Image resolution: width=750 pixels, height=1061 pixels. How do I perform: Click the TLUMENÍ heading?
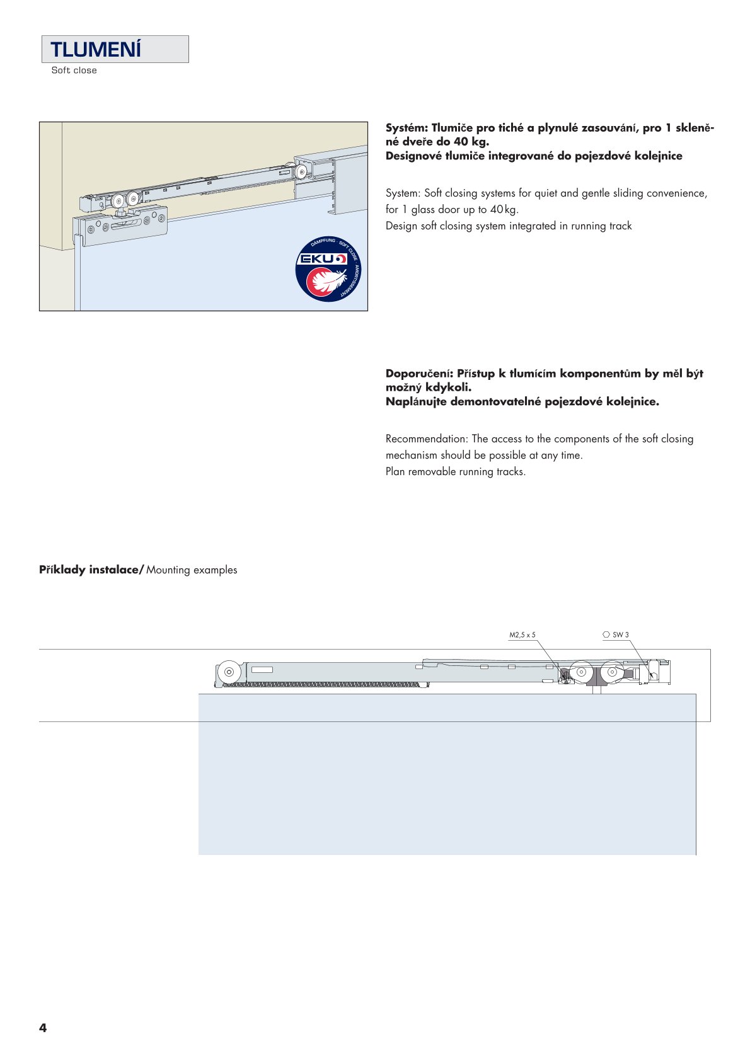(x=96, y=50)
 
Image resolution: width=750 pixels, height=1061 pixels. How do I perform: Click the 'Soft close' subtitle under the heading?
(x=74, y=71)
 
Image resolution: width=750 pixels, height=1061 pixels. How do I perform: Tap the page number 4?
(x=43, y=1028)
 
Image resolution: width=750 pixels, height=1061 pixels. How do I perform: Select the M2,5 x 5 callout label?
(x=522, y=635)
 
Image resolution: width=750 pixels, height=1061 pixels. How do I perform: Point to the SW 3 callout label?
(x=621, y=635)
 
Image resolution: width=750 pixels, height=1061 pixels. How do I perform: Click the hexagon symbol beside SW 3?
(x=606, y=635)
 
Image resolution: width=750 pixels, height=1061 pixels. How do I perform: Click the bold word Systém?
(x=405, y=128)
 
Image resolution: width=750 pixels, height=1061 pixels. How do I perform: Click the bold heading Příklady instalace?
(x=91, y=570)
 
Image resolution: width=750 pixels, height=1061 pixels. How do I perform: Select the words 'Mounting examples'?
(x=192, y=570)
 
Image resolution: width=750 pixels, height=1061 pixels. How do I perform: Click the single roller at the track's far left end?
(x=229, y=672)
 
